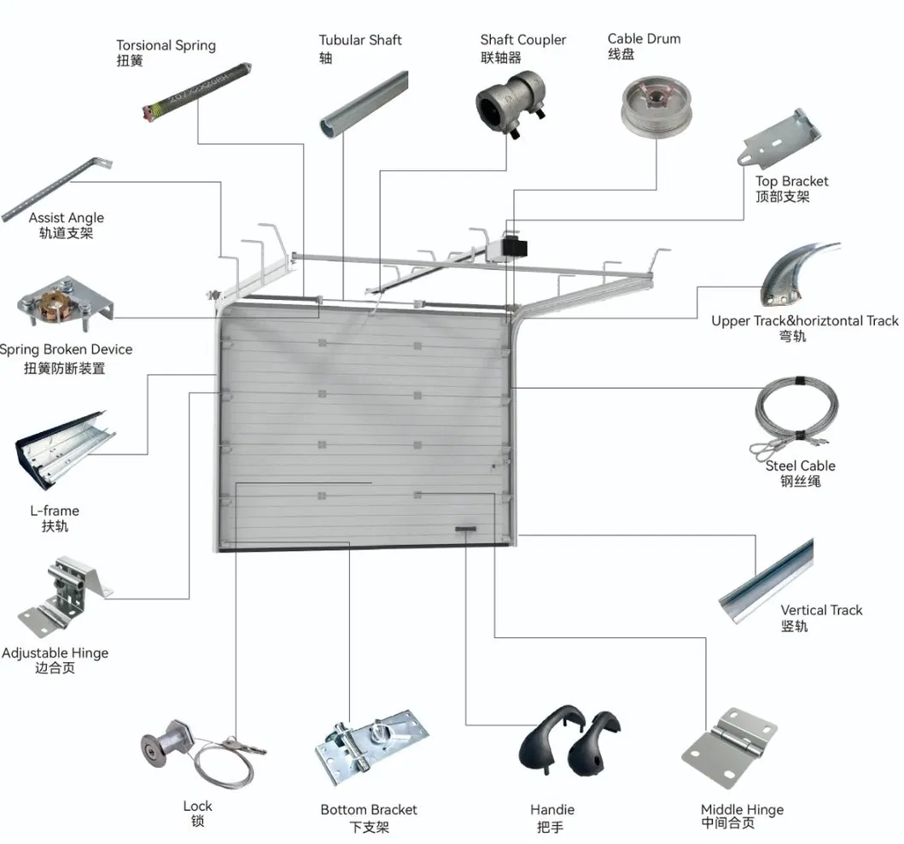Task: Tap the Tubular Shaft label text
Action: (x=359, y=40)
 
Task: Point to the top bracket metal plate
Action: (x=779, y=138)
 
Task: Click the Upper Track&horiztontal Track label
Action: (x=804, y=320)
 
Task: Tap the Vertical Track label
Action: (x=820, y=610)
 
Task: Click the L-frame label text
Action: (x=55, y=511)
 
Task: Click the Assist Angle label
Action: (x=66, y=218)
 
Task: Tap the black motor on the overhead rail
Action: (x=516, y=246)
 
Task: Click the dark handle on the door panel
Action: (x=465, y=530)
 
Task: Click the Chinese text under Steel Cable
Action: (x=800, y=482)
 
